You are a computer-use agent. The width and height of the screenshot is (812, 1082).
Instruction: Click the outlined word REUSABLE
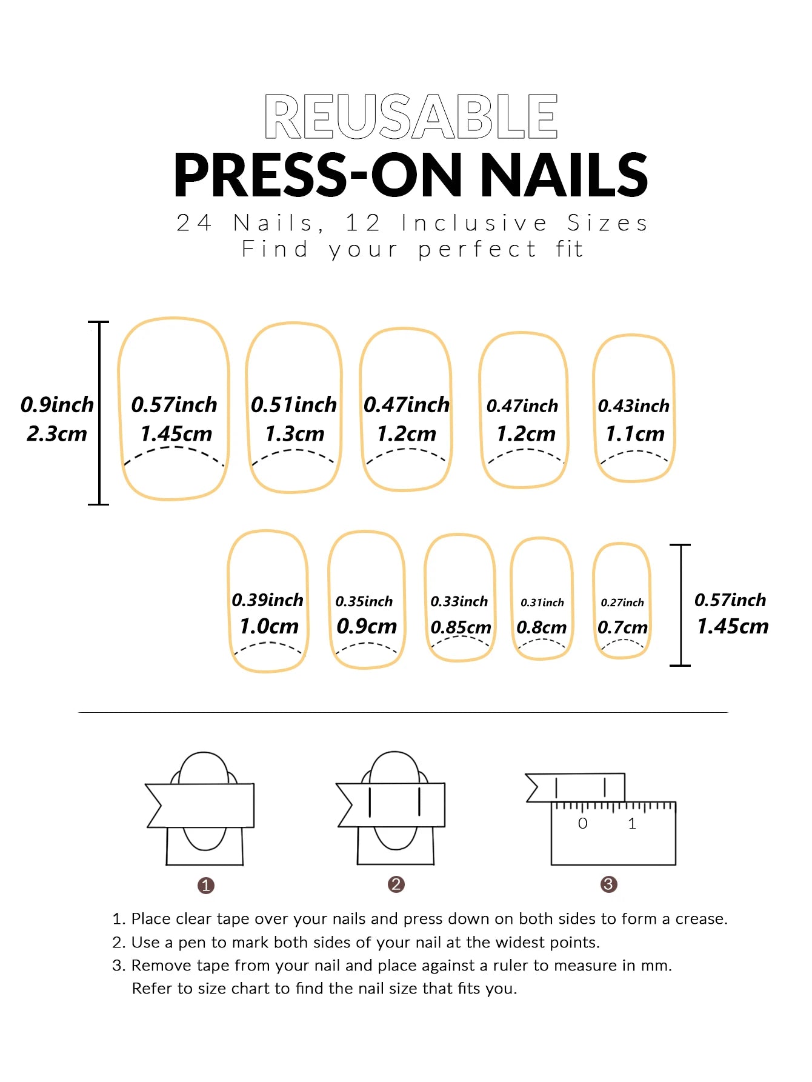pos(411,116)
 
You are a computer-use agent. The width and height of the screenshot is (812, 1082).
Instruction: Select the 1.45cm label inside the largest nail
pos(176,434)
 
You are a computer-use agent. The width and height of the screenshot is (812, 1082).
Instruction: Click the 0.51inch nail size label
pos(294,405)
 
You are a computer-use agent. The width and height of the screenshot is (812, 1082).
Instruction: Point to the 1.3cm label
pos(295,434)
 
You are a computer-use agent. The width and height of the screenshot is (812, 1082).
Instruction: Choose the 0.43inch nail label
pos(633,406)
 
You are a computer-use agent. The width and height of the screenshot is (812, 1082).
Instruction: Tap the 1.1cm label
pos(635,434)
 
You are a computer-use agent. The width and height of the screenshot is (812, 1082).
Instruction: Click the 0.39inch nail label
pos(267,600)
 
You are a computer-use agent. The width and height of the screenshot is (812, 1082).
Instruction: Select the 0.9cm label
pos(367,626)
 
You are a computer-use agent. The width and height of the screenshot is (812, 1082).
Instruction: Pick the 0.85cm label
pos(461,627)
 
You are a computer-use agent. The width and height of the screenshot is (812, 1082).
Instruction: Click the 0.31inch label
pos(542,603)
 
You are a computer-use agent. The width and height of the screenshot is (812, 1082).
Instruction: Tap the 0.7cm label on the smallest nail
pos(622,627)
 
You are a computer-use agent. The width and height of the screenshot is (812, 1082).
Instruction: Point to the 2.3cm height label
pos(57,434)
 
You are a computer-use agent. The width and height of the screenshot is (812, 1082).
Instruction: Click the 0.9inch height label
pos(57,405)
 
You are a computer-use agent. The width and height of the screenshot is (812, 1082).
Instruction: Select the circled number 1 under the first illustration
pos(206,886)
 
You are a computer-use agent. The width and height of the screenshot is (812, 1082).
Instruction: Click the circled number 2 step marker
pos(396,884)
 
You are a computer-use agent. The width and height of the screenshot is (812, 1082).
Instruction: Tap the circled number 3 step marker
pos(608,884)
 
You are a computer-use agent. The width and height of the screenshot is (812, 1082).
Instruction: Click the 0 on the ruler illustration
pos(582,823)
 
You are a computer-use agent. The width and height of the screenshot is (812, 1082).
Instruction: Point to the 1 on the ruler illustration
pos(632,823)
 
